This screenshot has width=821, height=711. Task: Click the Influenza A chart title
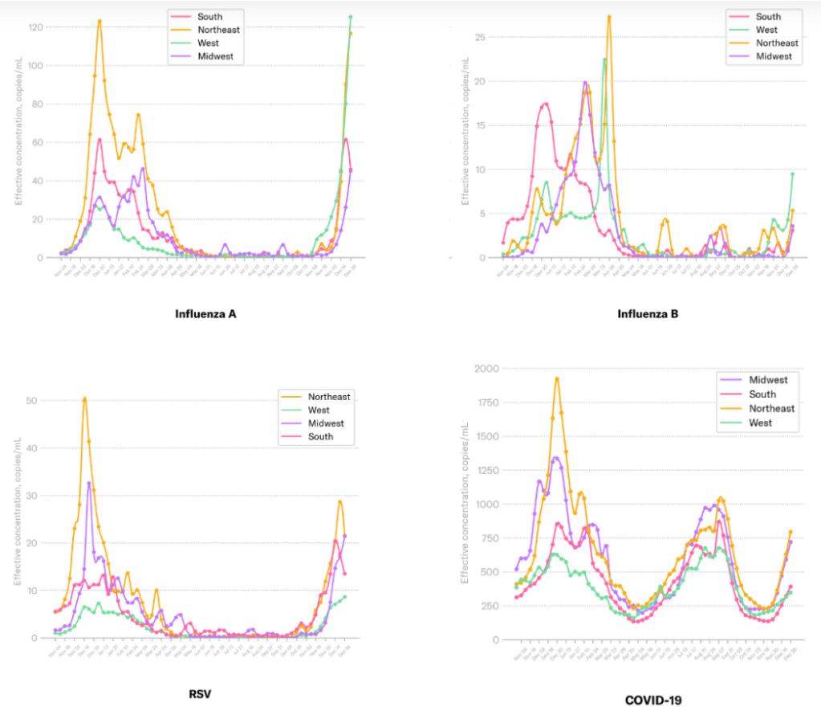pyautogui.click(x=205, y=313)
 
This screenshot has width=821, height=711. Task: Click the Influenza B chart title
pyautogui.click(x=648, y=313)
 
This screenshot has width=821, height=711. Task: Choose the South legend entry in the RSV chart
pyautogui.click(x=321, y=437)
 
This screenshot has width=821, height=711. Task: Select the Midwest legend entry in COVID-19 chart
pyautogui.click(x=768, y=380)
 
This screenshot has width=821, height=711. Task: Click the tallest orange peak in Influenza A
pyautogui.click(x=100, y=21)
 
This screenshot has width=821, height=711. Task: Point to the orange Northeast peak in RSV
pyautogui.click(x=84, y=398)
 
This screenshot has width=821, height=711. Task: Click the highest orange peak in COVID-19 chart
pyautogui.click(x=557, y=378)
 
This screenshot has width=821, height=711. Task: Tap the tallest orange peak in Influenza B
pyautogui.click(x=609, y=16)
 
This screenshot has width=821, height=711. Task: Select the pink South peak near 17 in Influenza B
pyautogui.click(x=546, y=103)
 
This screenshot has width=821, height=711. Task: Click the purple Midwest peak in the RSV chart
pyautogui.click(x=89, y=482)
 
